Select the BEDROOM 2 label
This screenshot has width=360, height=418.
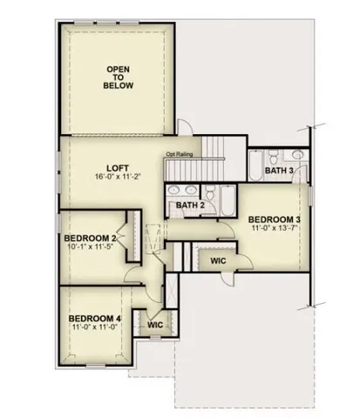click(x=90, y=238)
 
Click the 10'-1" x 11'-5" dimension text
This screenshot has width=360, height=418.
click(x=90, y=248)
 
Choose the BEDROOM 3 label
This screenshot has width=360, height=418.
click(x=274, y=219)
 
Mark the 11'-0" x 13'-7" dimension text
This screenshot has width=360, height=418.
click(x=274, y=229)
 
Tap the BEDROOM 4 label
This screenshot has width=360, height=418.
click(x=95, y=319)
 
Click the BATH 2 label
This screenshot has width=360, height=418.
click(x=189, y=206)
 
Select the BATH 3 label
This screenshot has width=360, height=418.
click(x=280, y=172)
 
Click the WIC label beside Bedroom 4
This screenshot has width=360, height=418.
click(x=156, y=324)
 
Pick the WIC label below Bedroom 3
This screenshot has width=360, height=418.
click(x=219, y=260)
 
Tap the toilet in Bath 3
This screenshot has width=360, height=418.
click(x=273, y=158)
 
